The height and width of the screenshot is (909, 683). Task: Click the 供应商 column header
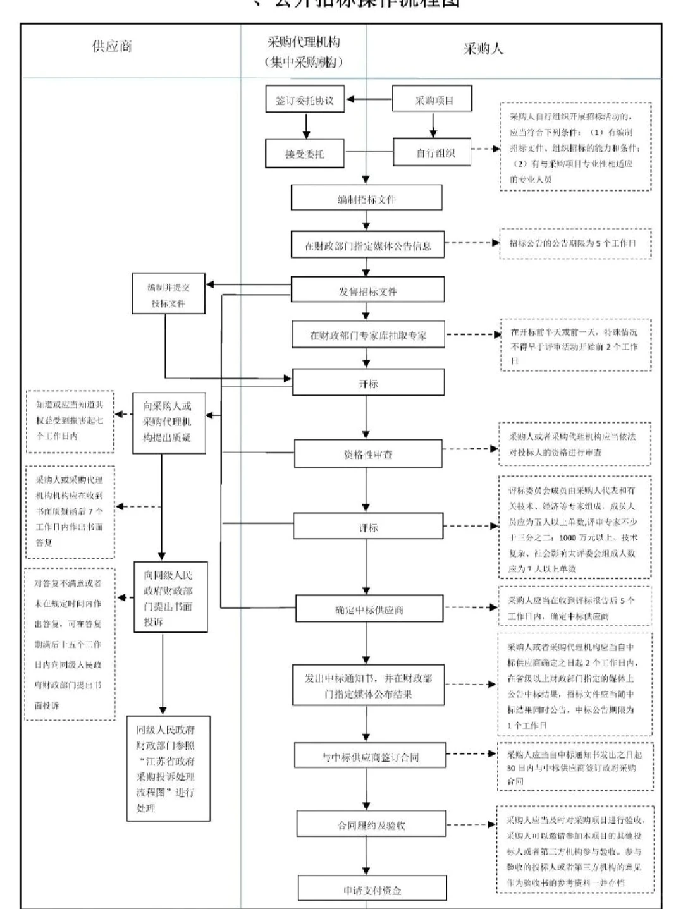pyautogui.click(x=112, y=47)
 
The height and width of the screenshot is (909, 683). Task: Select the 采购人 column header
pyautogui.click(x=483, y=49)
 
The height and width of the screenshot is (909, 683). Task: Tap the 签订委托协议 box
pyautogui.click(x=305, y=101)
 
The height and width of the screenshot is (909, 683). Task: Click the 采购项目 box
pyautogui.click(x=433, y=100)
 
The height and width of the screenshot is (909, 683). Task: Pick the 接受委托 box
pyautogui.click(x=305, y=154)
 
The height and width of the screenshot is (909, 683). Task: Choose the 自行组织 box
pyautogui.click(x=433, y=153)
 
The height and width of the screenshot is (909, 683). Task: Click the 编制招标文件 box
pyautogui.click(x=366, y=198)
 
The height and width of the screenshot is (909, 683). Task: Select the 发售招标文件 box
pyautogui.click(x=367, y=291)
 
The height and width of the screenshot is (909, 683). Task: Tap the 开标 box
pyautogui.click(x=367, y=384)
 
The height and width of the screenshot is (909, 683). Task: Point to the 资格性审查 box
pyautogui.click(x=367, y=454)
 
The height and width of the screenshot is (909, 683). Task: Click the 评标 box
pyautogui.click(x=367, y=527)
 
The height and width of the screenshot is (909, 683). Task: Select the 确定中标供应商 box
pyautogui.click(x=369, y=609)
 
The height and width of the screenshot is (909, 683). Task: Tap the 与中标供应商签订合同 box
pyautogui.click(x=370, y=757)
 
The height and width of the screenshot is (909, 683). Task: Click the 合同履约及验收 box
pyautogui.click(x=371, y=825)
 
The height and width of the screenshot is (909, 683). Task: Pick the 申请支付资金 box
pyautogui.click(x=372, y=889)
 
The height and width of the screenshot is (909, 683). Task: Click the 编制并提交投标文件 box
pyautogui.click(x=168, y=295)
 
